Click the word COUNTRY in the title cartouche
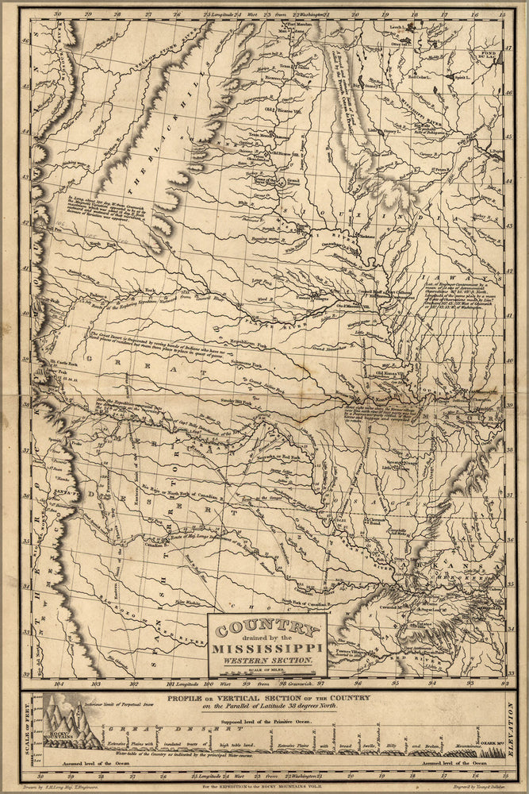[x=266, y=630]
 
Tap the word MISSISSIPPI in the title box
[x=266, y=649]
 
